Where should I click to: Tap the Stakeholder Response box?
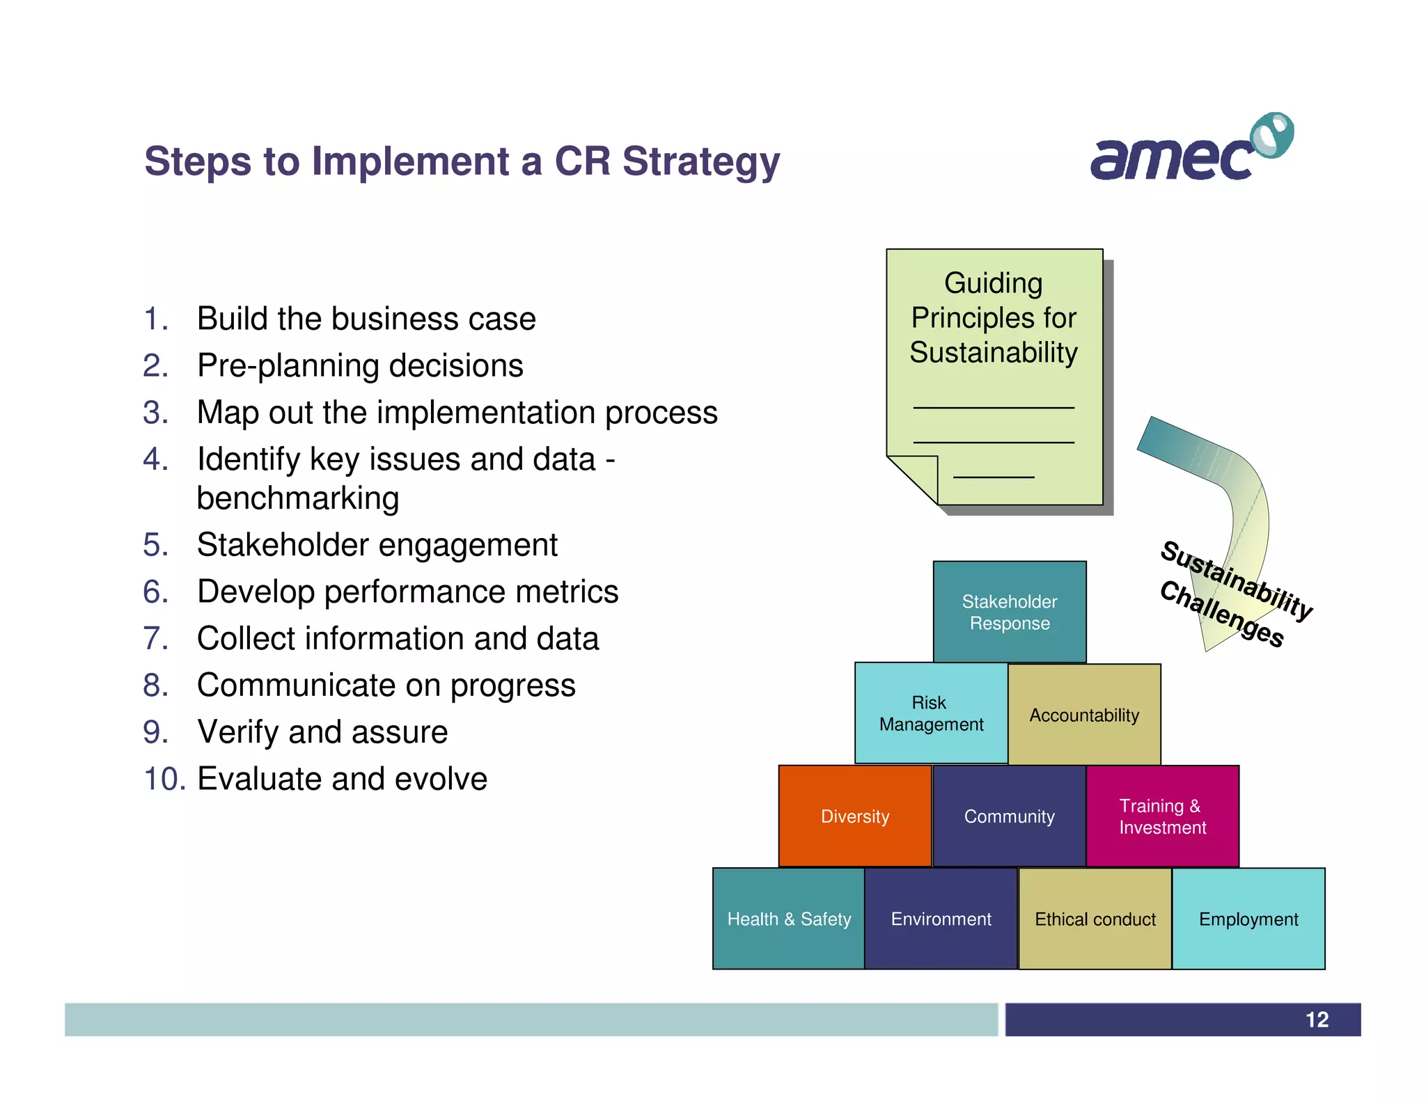click(x=1009, y=612)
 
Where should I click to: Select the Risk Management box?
click(x=931, y=713)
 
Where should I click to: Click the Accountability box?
click(x=1084, y=715)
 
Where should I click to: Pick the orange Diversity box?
click(x=854, y=816)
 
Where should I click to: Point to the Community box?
click(x=1009, y=816)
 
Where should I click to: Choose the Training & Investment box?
click(x=1162, y=816)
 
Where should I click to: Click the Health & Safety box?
click(x=788, y=919)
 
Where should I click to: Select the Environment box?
click(x=941, y=919)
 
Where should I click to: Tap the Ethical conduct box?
click(x=1095, y=919)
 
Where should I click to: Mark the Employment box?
click(x=1248, y=919)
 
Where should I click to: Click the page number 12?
click(x=1317, y=1020)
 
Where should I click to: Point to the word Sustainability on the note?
click(x=994, y=352)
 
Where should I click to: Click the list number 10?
click(x=164, y=779)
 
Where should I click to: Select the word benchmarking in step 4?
click(x=297, y=498)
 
